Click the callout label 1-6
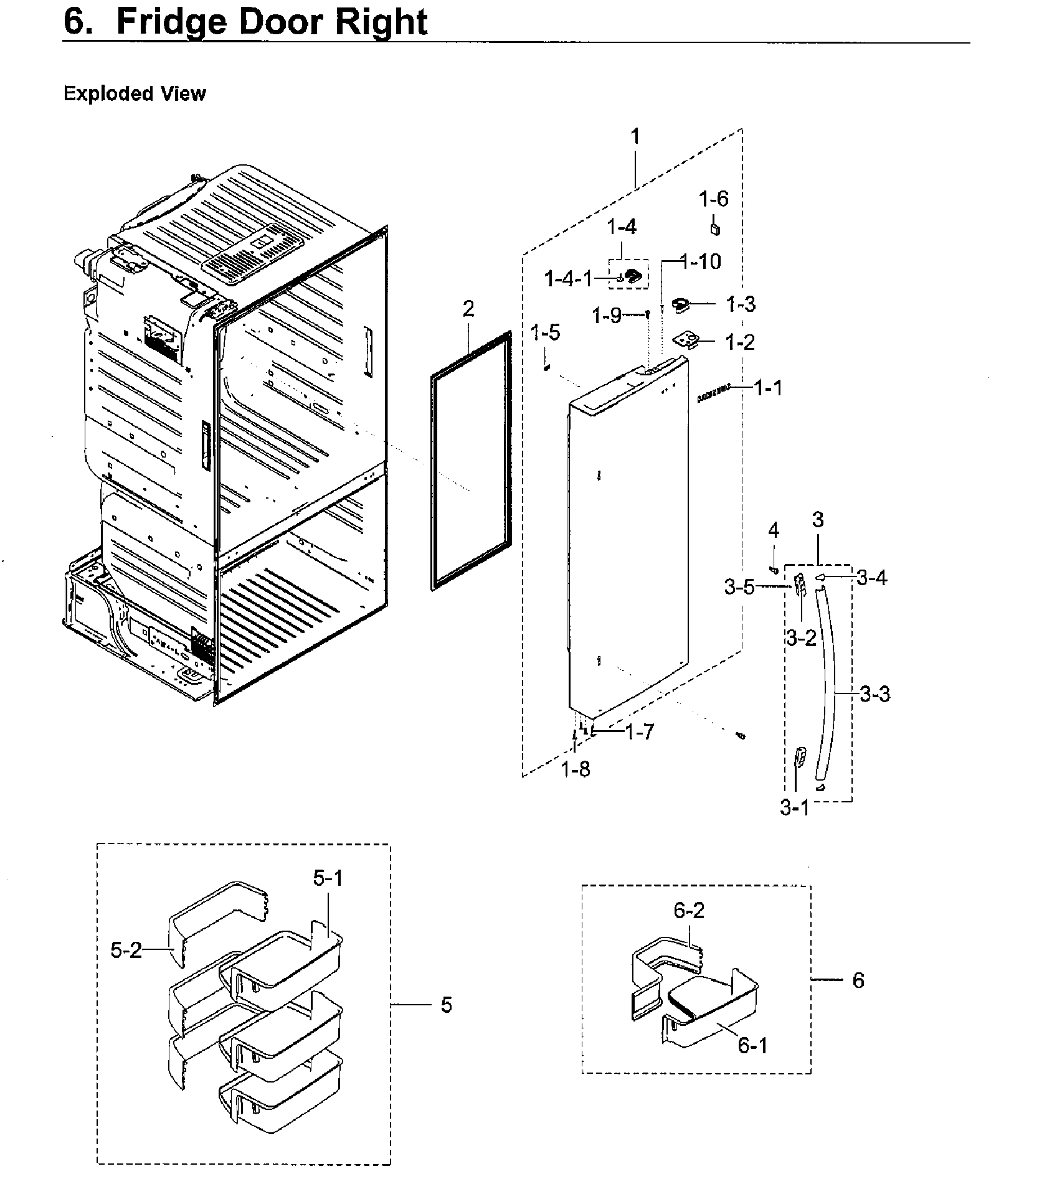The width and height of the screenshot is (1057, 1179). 713,199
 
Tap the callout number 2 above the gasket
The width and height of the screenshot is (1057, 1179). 468,309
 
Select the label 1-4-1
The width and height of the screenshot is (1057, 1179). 569,279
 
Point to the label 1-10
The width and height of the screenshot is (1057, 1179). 701,261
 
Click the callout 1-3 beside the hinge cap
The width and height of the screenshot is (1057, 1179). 740,304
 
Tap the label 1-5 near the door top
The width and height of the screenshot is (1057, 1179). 545,332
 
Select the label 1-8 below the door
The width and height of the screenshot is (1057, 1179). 575,770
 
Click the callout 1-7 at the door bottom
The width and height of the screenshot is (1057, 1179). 640,732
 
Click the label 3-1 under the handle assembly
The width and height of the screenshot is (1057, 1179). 795,807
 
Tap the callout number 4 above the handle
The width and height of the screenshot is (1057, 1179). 773,530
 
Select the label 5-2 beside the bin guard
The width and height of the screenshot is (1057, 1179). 126,950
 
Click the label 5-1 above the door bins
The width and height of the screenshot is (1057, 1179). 328,878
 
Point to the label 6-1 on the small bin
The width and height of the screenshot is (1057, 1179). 752,1045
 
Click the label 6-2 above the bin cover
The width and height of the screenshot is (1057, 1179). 689,911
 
